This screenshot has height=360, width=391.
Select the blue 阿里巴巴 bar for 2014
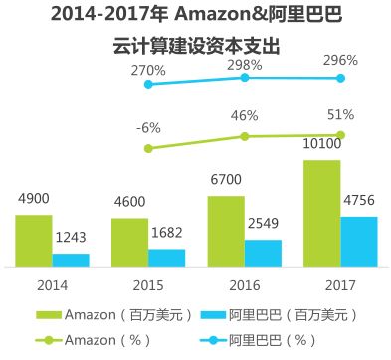pyautogui.click(x=70, y=260)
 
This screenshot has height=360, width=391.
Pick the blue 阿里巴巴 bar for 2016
pyautogui.click(x=263, y=253)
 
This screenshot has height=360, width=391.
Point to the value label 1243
pyautogui.click(x=71, y=237)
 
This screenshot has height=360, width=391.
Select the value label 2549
pyautogui.click(x=264, y=223)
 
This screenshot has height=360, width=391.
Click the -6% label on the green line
pyautogui.click(x=149, y=127)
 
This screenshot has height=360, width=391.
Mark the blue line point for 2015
pyautogui.click(x=149, y=84)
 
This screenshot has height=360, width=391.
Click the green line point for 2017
pyautogui.click(x=340, y=134)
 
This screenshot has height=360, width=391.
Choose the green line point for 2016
pyautogui.click(x=245, y=136)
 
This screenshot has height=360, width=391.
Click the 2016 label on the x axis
pyautogui.click(x=245, y=284)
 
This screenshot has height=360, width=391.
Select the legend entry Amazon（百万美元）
pyautogui.click(x=112, y=316)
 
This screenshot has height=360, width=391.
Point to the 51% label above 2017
pyautogui.click(x=341, y=112)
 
